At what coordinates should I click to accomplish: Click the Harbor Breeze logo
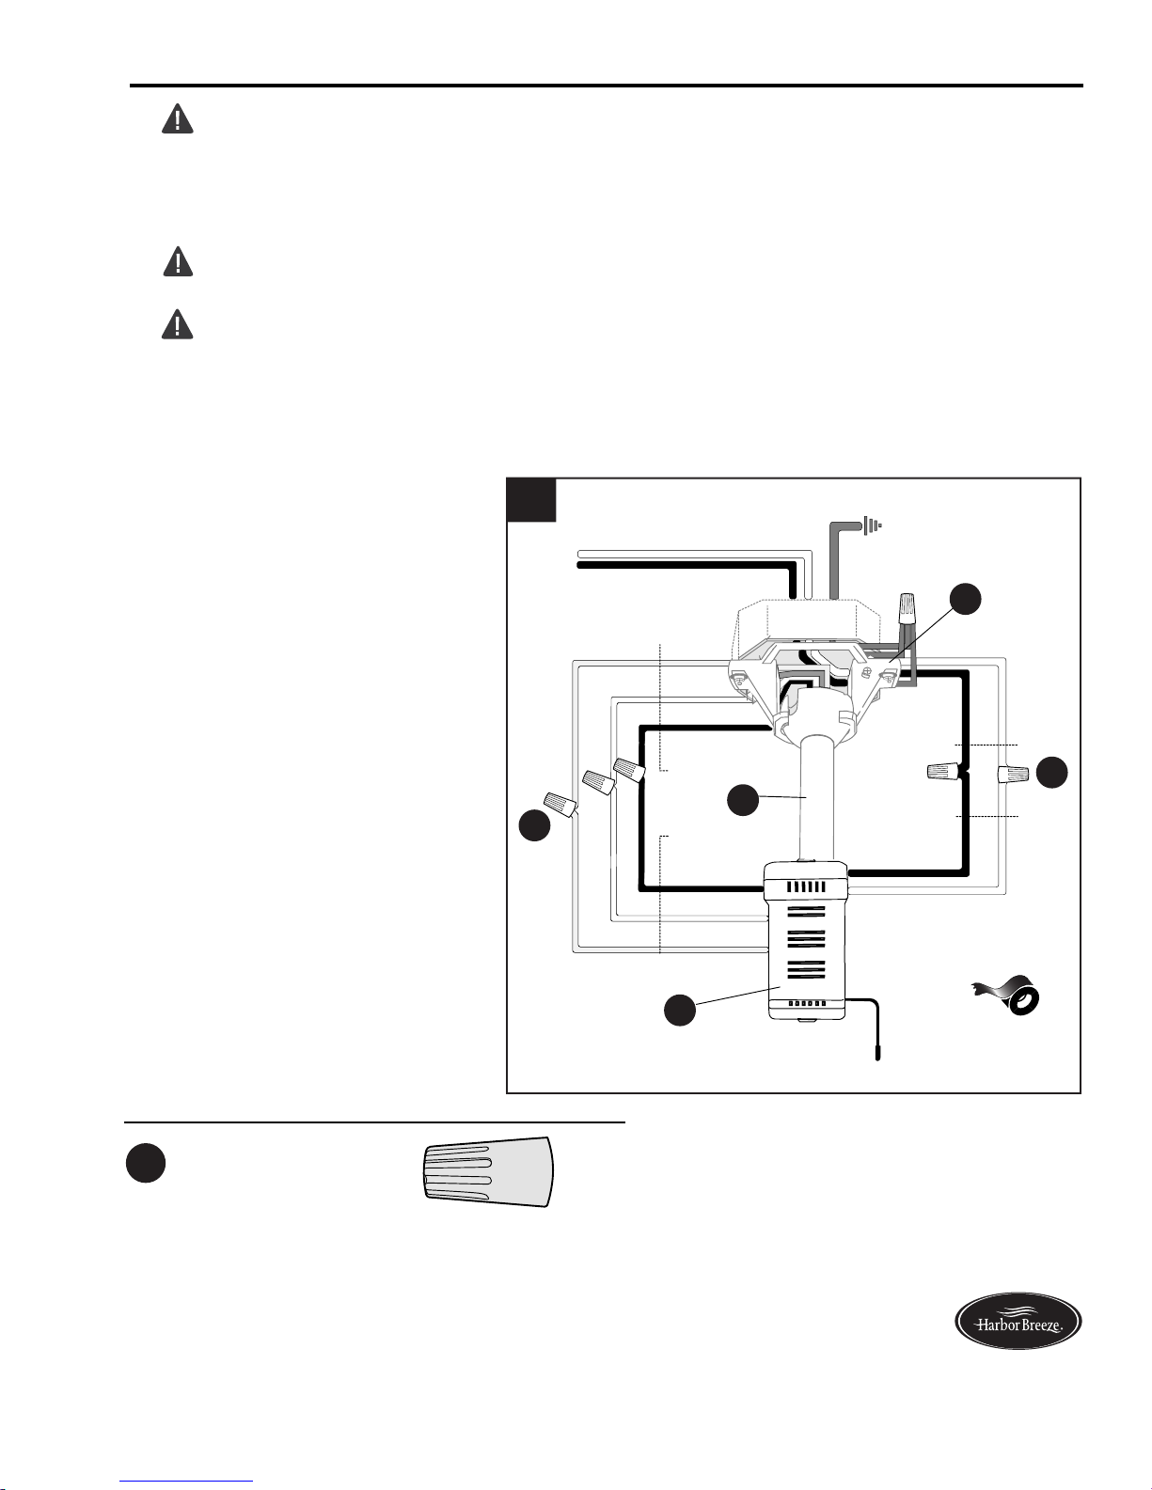click(x=1018, y=1321)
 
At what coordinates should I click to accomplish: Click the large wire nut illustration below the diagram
click(x=487, y=1171)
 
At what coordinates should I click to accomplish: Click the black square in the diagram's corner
click(x=531, y=500)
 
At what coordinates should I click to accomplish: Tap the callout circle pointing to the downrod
click(x=743, y=799)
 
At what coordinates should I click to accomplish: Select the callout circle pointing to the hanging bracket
click(x=966, y=600)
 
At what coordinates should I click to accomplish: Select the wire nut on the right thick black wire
click(x=943, y=772)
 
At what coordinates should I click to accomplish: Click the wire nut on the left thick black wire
click(x=629, y=769)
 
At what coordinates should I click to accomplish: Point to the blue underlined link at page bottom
click(x=186, y=1484)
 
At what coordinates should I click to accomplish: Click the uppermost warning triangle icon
click(x=177, y=118)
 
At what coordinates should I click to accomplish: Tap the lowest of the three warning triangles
click(x=177, y=324)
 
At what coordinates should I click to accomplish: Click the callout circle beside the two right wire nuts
click(x=1052, y=772)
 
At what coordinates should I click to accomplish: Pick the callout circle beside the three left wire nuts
click(x=534, y=824)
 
